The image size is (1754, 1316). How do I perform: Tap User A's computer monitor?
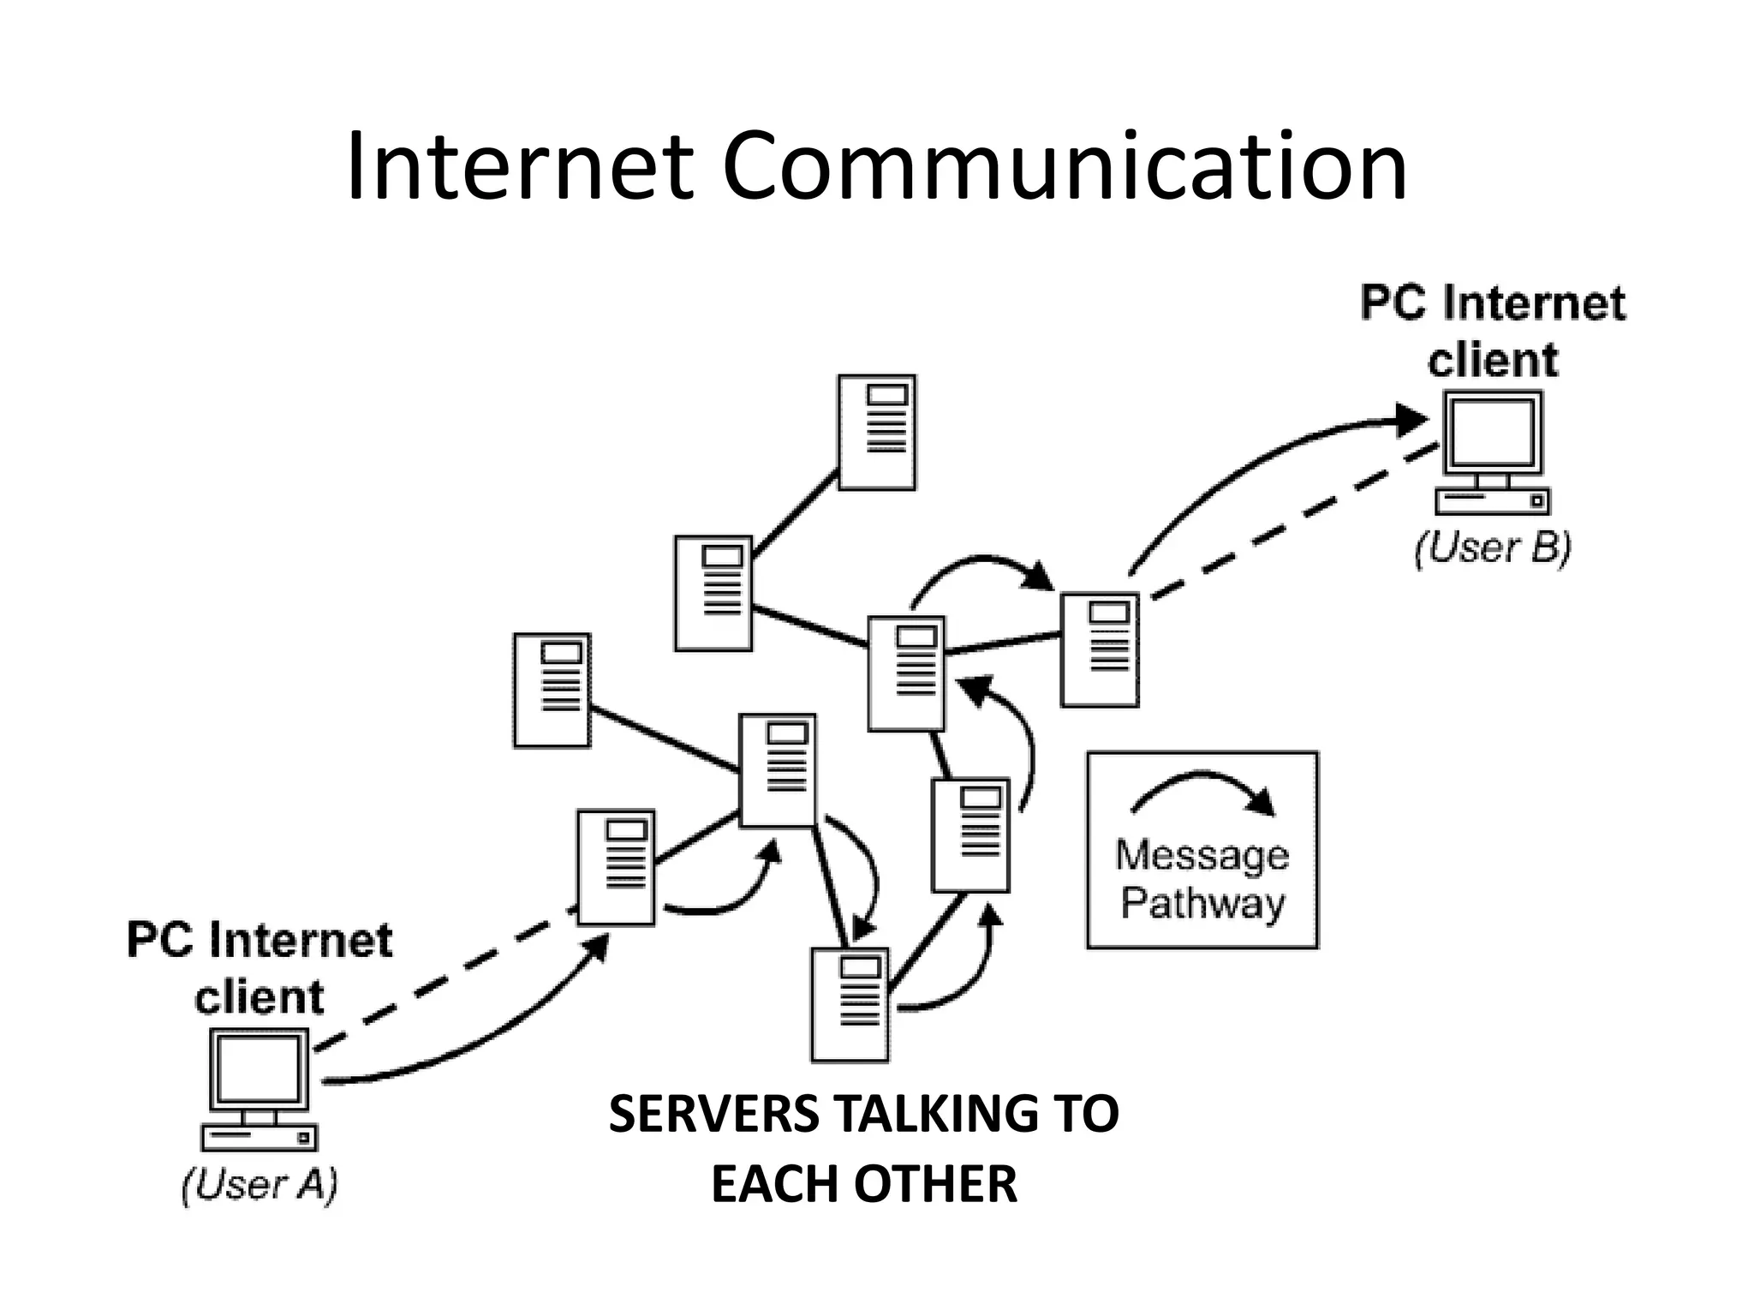tap(260, 1071)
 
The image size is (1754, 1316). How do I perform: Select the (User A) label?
tap(260, 1185)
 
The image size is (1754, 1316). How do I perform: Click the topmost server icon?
tap(876, 433)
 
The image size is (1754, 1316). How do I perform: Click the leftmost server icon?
tap(552, 691)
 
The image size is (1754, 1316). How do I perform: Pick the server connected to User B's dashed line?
tap(1100, 650)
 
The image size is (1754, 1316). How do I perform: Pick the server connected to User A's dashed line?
tap(616, 868)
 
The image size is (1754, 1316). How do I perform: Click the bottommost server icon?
tap(850, 1005)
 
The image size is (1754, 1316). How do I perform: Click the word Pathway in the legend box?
tap(1203, 904)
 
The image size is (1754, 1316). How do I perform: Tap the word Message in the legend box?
tap(1202, 855)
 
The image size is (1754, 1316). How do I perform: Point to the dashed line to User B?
tap(1293, 523)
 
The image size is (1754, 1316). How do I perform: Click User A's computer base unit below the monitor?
tap(260, 1137)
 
